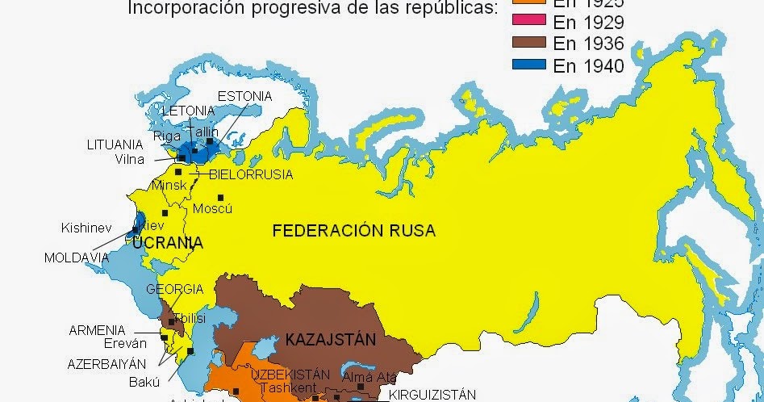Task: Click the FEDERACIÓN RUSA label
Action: pos(353,231)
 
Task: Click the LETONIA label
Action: pos(188,111)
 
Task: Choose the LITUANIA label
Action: pos(115,144)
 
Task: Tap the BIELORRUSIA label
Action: pos(250,174)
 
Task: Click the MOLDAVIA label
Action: pos(77,258)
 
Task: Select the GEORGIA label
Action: pos(174,289)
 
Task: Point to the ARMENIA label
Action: pos(97,330)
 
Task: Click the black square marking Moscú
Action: pos(219,197)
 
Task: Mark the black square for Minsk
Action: pos(177,172)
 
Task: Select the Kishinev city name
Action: pos(86,228)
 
